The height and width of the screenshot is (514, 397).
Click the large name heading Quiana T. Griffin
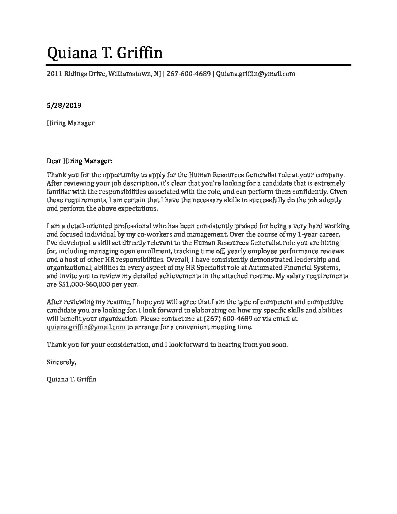pos(105,53)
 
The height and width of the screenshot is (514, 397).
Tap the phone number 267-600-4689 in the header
pos(188,74)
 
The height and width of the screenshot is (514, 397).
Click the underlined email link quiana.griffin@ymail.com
pos(86,327)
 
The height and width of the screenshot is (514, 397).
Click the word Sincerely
pos(61,363)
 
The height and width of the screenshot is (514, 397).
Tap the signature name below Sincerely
pos(72,379)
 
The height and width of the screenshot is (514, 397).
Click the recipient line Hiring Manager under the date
pos(70,123)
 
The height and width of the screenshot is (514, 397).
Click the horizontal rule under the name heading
pos(199,65)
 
